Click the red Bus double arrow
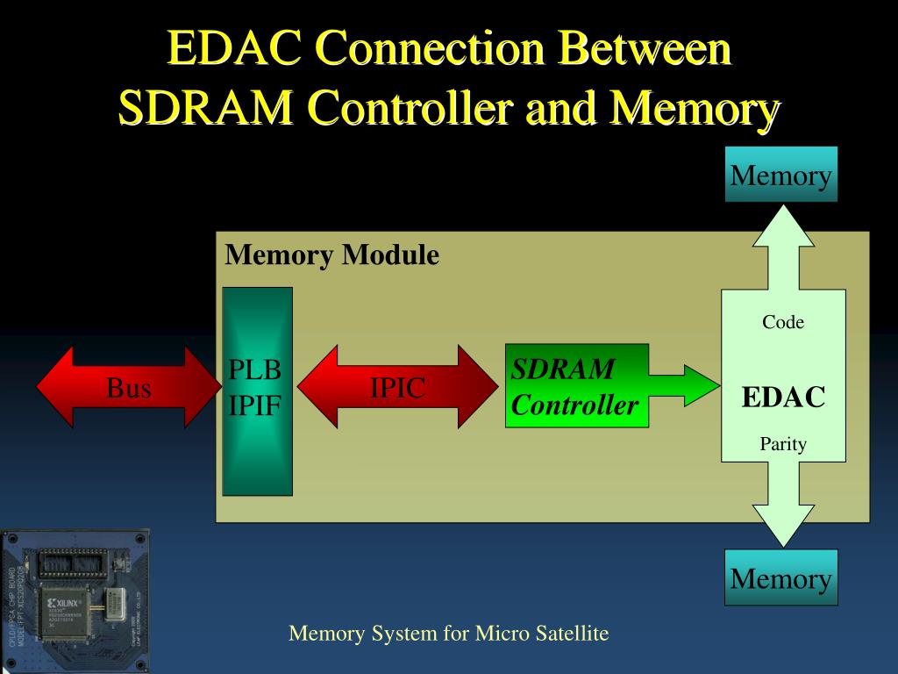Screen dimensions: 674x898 tap(129, 387)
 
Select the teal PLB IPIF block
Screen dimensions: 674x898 tap(256, 391)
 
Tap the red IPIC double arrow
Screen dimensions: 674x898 tap(396, 387)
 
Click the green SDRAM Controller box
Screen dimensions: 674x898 tap(575, 386)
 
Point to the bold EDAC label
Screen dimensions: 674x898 tap(783, 397)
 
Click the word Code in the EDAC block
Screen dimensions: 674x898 tap(783, 322)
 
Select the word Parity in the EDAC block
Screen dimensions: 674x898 tap(783, 444)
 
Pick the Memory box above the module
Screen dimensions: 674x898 tap(780, 175)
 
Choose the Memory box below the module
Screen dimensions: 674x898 tap(780, 577)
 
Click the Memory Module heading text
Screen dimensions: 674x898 tap(331, 255)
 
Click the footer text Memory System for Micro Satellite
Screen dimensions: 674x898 tap(448, 633)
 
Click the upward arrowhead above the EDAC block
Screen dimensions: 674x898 tap(783, 221)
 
